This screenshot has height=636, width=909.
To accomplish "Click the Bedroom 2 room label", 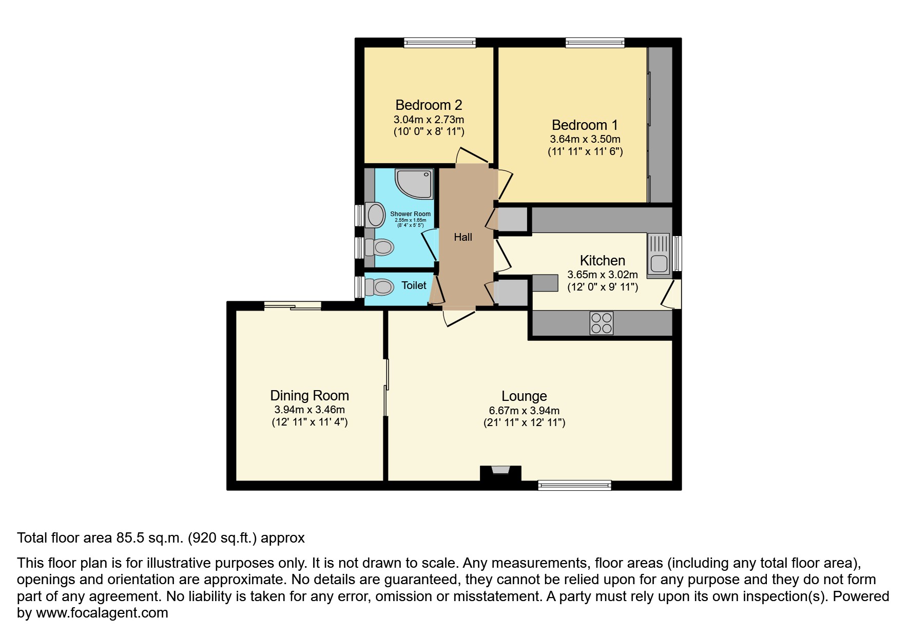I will [x=429, y=105].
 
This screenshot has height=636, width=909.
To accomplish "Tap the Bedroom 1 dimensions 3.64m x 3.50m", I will [x=585, y=139].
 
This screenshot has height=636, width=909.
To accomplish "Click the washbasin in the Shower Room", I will [x=375, y=215].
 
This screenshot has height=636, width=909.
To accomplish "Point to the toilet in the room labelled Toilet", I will [x=380, y=286].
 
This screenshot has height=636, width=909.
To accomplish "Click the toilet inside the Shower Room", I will [x=380, y=248].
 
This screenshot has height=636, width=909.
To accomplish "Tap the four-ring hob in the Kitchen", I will [x=601, y=323].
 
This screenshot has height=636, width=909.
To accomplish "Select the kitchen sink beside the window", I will [x=659, y=256].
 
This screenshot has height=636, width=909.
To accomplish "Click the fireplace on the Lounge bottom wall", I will [x=500, y=472].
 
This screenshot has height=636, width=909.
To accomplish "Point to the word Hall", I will [x=463, y=237].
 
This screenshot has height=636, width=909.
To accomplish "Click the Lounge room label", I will [x=524, y=396].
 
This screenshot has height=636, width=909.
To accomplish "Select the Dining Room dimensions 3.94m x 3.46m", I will [x=309, y=410].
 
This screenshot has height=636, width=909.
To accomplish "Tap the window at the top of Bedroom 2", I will [x=439, y=43].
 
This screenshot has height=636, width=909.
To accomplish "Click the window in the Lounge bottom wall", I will [x=574, y=485].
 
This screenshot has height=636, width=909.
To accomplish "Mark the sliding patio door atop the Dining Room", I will [x=293, y=306].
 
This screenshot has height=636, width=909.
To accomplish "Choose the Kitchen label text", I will [x=602, y=260].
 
